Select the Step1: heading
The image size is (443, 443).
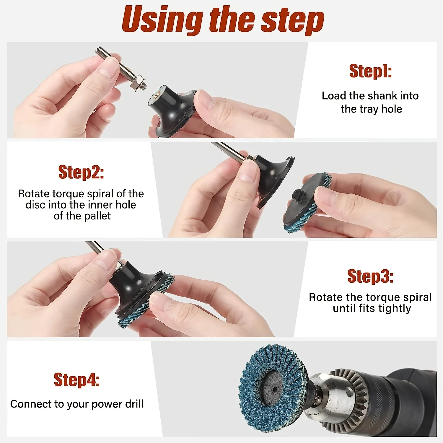(x=370, y=71)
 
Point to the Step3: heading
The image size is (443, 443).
(x=370, y=276)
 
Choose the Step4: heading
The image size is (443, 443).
(x=77, y=380)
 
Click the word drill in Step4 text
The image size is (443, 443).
(x=134, y=404)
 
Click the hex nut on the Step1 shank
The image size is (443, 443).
(x=137, y=82)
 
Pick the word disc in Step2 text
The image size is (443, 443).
(x=35, y=205)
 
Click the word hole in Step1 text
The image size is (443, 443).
(x=392, y=109)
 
